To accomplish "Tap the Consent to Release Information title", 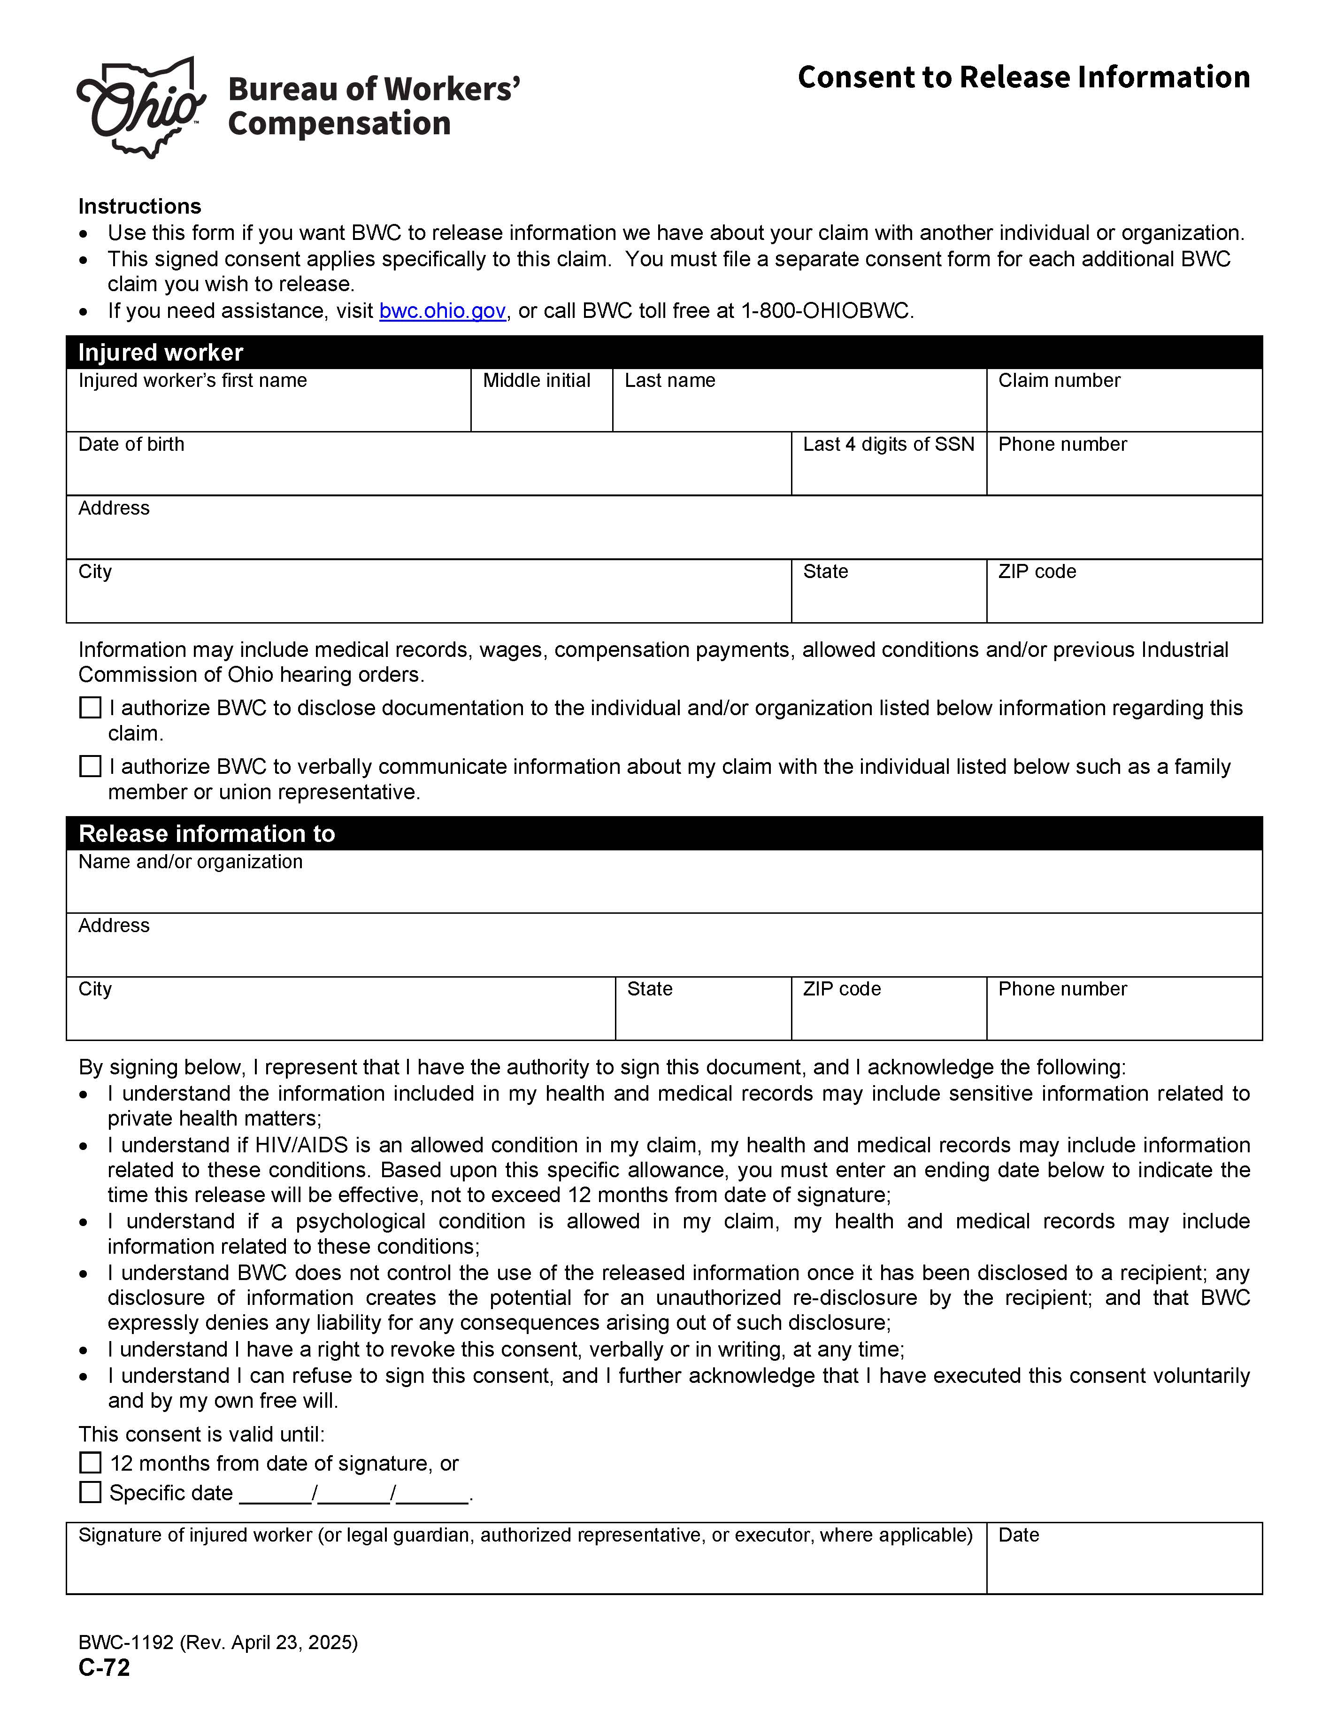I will pos(1023,77).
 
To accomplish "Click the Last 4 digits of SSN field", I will pos(888,472).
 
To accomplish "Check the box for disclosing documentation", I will pos(91,708).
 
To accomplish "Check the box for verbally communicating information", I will pos(91,766).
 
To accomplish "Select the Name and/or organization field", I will pos(664,889).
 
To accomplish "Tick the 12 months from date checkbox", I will pos(91,1463).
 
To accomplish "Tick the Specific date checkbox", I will pos(91,1492).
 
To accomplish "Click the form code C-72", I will pos(104,1667).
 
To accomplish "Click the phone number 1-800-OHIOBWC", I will pos(827,311).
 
